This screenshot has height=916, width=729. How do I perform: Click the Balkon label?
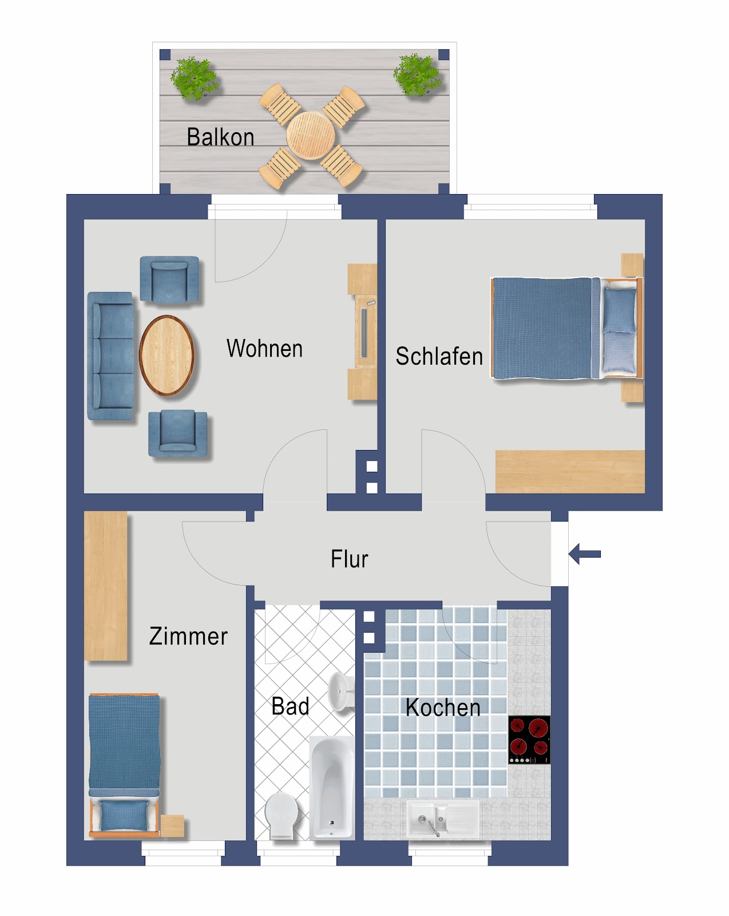220,137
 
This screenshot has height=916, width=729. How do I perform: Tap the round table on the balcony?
311,136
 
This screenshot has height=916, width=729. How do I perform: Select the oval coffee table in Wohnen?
167,355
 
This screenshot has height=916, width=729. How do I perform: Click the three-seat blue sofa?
110,356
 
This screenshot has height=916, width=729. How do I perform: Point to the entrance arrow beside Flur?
585,554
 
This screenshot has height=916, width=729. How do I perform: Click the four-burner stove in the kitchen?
529,739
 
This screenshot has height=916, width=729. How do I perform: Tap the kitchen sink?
442,818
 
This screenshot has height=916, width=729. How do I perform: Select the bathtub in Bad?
331,787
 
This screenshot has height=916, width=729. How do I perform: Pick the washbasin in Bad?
342,692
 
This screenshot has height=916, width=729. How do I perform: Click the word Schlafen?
439,356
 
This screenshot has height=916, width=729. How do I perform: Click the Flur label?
349,559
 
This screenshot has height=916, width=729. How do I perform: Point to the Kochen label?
442,708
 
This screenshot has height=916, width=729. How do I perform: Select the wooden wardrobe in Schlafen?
569,471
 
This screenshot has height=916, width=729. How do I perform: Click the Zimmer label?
188,636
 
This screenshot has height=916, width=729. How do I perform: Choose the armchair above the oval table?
170,279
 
